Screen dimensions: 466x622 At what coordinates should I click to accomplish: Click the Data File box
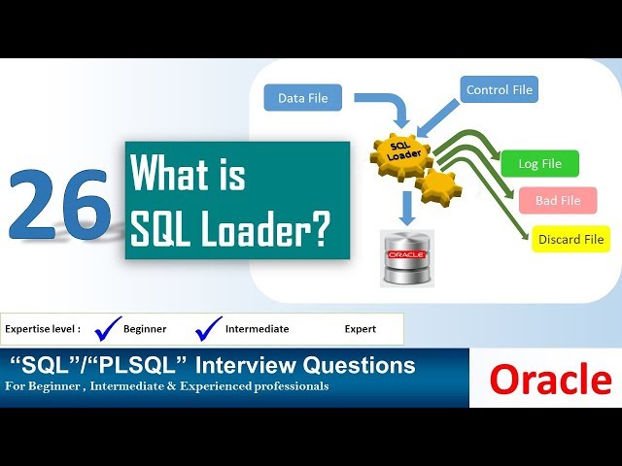[303, 98]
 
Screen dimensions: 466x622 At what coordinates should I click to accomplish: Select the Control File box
[499, 90]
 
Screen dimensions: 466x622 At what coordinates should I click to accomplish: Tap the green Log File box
[539, 163]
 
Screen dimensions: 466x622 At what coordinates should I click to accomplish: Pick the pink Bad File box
[557, 201]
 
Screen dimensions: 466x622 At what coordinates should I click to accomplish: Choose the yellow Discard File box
[570, 239]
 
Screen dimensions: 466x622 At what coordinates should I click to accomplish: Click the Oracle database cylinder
[407, 257]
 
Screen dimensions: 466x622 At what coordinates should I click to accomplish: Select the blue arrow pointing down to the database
[407, 206]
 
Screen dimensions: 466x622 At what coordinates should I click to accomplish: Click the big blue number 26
[60, 203]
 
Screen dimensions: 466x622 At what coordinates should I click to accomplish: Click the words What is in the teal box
[188, 177]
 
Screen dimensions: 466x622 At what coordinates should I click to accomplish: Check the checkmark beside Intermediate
[208, 329]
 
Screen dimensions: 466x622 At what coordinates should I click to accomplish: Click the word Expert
[360, 329]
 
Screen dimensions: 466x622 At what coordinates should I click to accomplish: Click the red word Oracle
[550, 380]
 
